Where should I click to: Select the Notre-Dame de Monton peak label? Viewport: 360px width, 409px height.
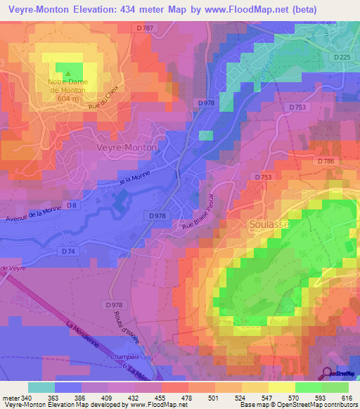coord(67,91)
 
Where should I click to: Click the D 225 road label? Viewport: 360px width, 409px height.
coord(342,57)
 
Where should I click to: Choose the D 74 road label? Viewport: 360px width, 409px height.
coord(68,251)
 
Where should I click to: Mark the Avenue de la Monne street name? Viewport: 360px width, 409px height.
coord(34,214)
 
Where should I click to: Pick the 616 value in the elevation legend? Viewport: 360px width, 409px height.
coord(345,397)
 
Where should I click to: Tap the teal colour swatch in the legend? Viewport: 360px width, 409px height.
coord(41,387)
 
